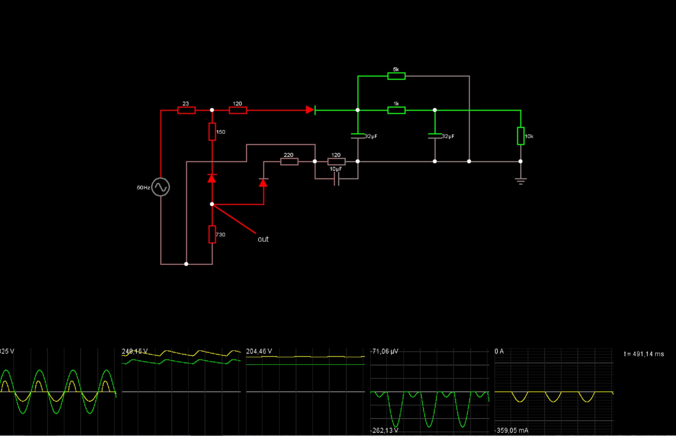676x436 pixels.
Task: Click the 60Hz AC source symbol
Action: [161, 187]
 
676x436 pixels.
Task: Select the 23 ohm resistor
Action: [186, 111]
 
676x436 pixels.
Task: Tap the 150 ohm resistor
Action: [212, 132]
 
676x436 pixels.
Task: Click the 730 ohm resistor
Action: [212, 234]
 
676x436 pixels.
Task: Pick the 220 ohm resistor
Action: [289, 161]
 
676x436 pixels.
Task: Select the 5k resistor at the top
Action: [396, 76]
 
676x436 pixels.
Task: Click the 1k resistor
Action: [396, 111]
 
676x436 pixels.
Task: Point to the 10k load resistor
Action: [521, 136]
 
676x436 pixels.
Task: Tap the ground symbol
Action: [521, 181]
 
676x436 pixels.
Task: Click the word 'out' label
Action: [263, 239]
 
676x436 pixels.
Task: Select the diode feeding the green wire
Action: [310, 110]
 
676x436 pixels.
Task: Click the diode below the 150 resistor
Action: [212, 178]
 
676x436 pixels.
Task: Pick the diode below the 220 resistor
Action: [263, 183]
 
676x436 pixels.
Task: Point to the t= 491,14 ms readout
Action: [644, 354]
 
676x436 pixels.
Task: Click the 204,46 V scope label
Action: [259, 352]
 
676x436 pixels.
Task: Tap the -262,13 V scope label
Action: [385, 430]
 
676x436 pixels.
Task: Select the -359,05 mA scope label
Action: [511, 430]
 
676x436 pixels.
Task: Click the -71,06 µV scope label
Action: [385, 352]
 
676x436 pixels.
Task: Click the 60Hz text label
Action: [143, 188]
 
